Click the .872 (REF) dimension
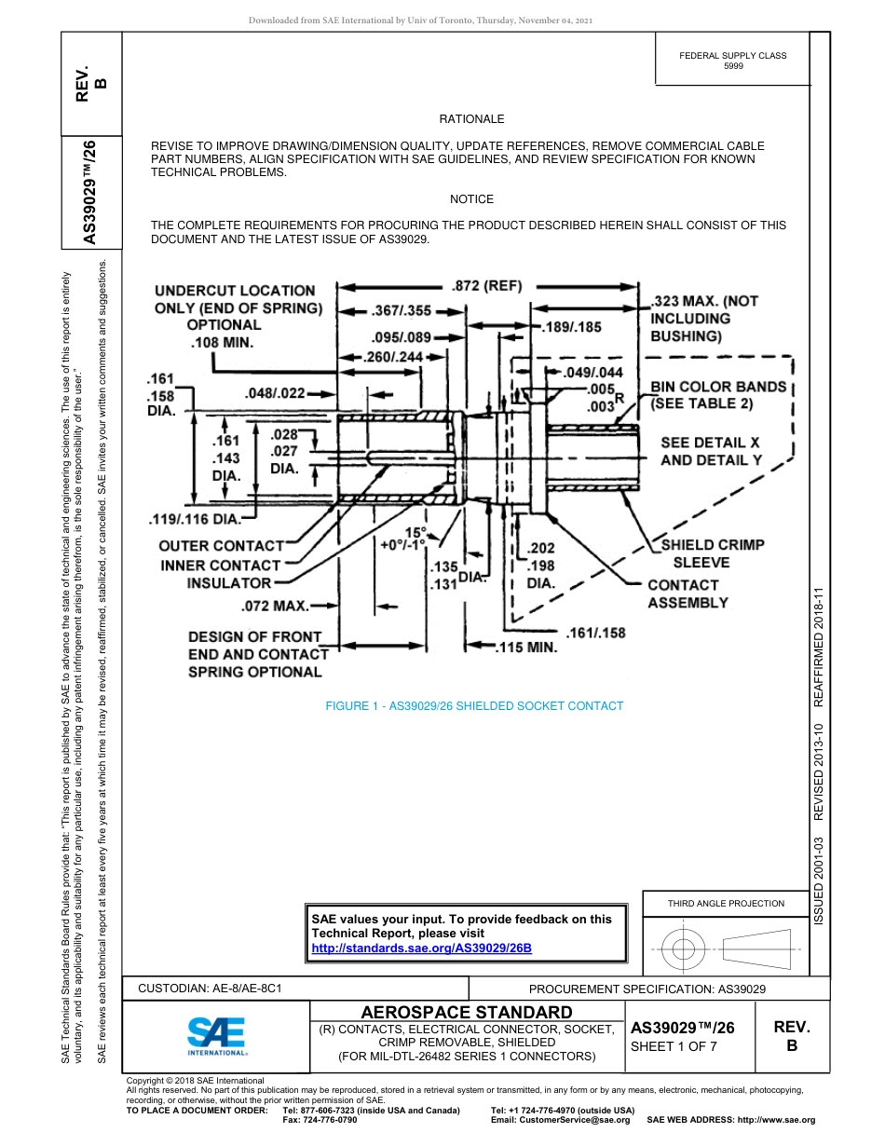pyautogui.click(x=486, y=285)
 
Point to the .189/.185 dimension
pyautogui.click(x=572, y=327)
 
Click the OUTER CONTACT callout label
pyautogui.click(x=221, y=546)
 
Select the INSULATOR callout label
pyautogui.click(x=229, y=583)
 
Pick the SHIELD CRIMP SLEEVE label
pyautogui.click(x=701, y=553)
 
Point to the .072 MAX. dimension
pyautogui.click(x=275, y=607)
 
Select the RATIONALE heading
pyautogui.click(x=471, y=119)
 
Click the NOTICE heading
pyautogui.click(x=471, y=199)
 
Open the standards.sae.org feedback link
pyautogui.click(x=421, y=948)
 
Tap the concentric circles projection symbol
pyautogui.click(x=685, y=949)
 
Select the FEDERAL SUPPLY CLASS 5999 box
pyautogui.click(x=732, y=61)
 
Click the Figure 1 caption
pyautogui.click(x=473, y=706)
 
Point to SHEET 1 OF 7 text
pyautogui.click(x=675, y=1046)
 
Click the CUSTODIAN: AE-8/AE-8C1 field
pyautogui.click(x=210, y=989)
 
